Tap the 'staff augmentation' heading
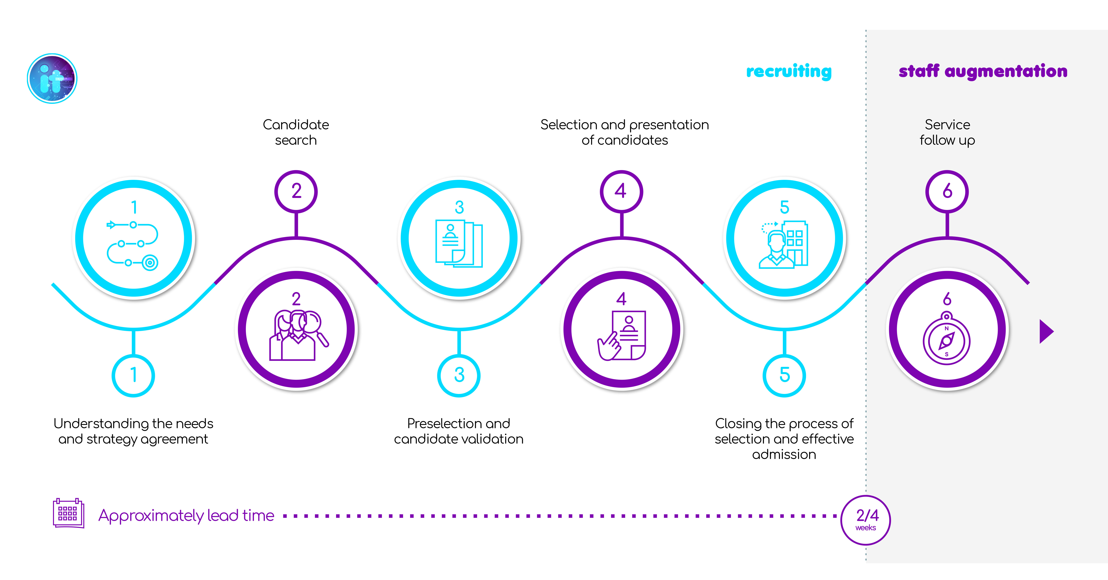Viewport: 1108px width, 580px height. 983,71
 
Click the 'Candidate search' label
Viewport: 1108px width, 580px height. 296,132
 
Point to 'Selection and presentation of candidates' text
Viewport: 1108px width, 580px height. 625,132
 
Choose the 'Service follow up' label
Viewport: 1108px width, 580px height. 947,132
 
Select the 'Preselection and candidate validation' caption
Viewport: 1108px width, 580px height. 458,431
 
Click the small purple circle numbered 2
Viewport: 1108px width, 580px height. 296,192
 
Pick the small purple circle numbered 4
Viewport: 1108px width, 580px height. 621,192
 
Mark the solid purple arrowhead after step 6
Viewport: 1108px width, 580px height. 1046,331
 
